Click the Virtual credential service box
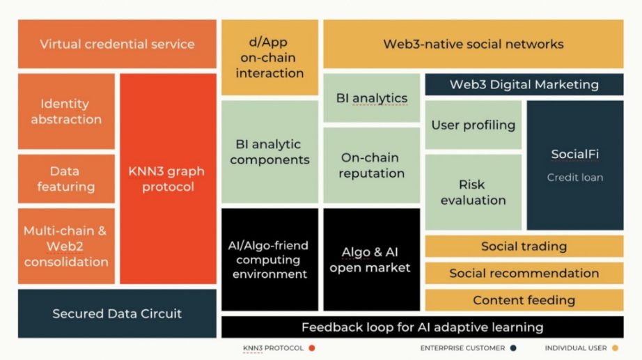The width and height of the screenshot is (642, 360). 117,44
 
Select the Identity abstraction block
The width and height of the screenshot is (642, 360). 66,111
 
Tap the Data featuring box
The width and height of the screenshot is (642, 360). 66,179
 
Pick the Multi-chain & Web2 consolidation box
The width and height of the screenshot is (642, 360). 66,246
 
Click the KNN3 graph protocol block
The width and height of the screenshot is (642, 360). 168,179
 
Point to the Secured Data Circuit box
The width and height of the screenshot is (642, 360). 117,313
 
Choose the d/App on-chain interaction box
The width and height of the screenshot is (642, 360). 269,58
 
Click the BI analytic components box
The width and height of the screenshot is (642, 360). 269,152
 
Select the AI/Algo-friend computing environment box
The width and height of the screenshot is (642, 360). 269,260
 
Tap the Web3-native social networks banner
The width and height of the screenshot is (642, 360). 473,44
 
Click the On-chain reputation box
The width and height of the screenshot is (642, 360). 371,165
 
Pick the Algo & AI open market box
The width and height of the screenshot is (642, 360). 371,260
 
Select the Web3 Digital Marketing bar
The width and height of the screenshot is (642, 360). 524,84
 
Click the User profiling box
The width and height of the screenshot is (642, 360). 473,125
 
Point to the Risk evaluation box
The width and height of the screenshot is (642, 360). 473,192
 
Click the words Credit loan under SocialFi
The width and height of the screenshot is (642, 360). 574,178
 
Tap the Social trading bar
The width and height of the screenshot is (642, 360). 524,246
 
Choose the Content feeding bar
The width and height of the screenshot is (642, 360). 524,300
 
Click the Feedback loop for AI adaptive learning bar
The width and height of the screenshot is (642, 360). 422,327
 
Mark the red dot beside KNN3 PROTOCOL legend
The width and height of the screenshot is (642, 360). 312,347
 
